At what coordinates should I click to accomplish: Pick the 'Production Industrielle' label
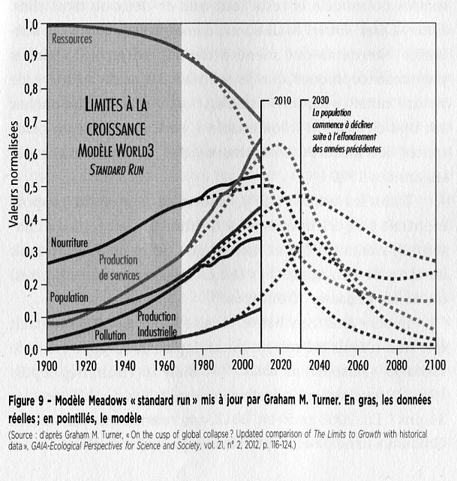coord(157,324)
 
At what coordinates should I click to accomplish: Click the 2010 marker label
coord(281,100)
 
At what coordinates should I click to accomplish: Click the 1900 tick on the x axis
coord(47,365)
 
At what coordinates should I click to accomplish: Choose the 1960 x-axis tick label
coord(164,365)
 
